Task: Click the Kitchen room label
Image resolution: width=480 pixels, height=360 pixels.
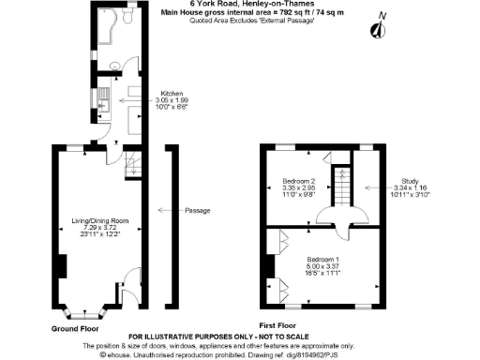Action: (172, 94)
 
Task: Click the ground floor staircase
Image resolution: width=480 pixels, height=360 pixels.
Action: (130, 165)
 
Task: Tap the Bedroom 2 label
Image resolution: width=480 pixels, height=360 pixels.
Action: (300, 179)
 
